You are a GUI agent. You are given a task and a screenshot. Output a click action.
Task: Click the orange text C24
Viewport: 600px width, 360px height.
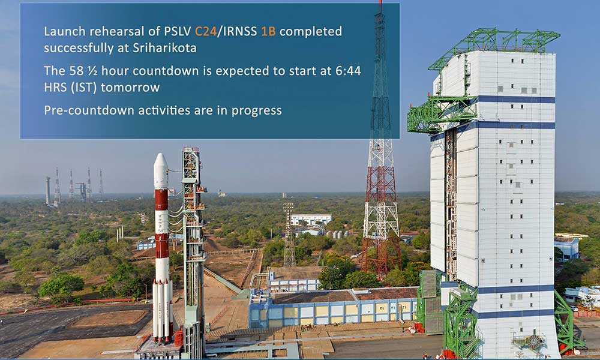206,31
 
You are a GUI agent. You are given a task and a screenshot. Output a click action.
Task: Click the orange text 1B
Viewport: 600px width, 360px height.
268,31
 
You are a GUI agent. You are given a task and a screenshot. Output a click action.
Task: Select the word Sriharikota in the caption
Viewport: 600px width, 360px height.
164,48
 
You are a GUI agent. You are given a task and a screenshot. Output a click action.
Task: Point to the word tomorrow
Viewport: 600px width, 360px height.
130,88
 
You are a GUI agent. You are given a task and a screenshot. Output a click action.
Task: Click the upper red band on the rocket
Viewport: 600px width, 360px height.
161,199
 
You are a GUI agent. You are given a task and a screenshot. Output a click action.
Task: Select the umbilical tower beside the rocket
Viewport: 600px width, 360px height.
193,245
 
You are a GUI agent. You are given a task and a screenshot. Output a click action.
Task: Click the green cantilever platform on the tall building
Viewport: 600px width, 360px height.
442,113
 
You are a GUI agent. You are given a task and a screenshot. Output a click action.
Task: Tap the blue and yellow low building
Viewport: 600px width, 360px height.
333,306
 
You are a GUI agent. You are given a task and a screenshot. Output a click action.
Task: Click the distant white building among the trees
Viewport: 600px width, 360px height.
311,220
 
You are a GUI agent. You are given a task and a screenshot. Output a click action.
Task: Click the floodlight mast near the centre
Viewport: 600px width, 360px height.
289,235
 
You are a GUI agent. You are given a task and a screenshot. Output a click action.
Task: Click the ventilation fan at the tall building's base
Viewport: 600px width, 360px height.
533,341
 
